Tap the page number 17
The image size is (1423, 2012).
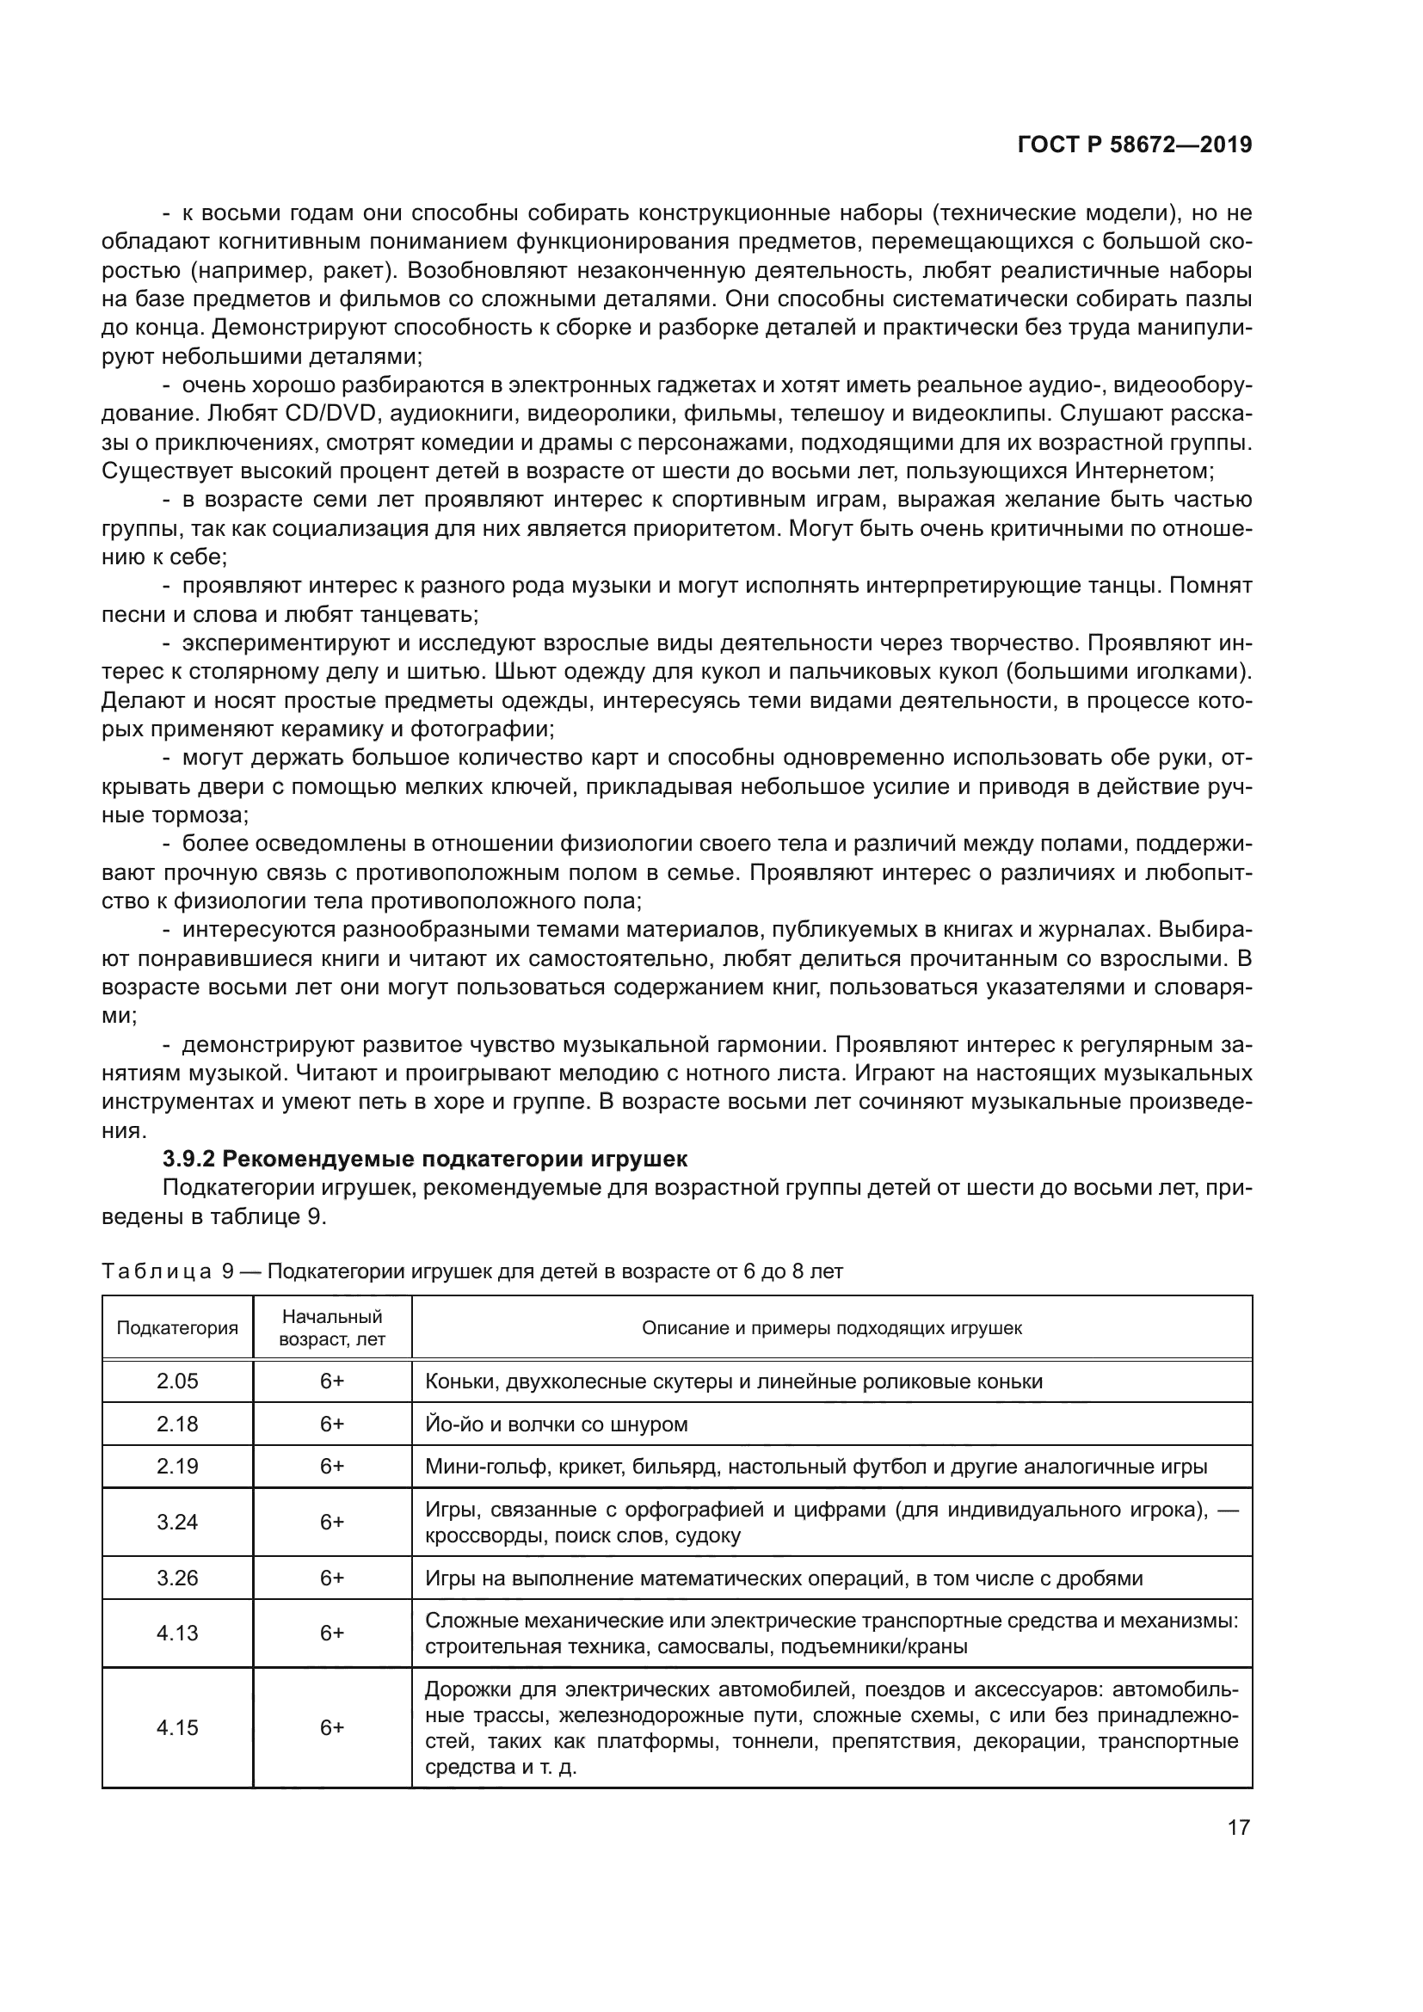point(1238,1826)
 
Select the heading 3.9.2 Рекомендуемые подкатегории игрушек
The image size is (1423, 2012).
point(425,1159)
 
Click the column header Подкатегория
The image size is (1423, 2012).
point(177,1327)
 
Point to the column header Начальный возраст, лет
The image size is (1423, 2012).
point(332,1327)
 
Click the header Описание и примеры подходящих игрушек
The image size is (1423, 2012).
point(832,1327)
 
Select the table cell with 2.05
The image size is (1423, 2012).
point(177,1381)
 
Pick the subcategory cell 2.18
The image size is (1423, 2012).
point(177,1424)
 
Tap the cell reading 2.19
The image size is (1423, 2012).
point(177,1466)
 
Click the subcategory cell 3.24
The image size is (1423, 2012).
point(177,1523)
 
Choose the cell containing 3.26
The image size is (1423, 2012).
point(177,1578)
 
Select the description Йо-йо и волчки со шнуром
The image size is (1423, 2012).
point(556,1424)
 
